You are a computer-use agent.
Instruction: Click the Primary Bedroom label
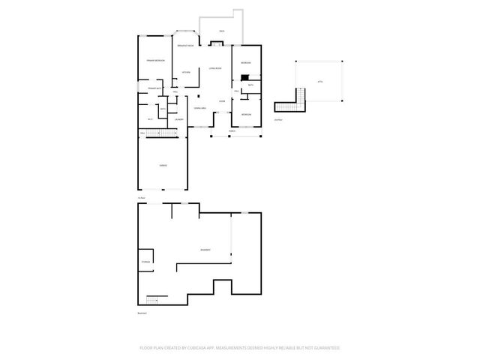click(x=155, y=59)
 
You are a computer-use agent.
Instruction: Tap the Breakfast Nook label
click(x=186, y=46)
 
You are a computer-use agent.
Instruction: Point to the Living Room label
click(x=214, y=68)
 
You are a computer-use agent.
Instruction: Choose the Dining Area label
click(x=200, y=109)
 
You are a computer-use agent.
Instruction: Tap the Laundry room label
click(x=179, y=120)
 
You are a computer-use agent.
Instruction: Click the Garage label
click(x=163, y=165)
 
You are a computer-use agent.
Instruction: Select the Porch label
click(x=233, y=130)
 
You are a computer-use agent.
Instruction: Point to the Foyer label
click(x=222, y=101)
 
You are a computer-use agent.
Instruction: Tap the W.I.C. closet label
click(x=150, y=118)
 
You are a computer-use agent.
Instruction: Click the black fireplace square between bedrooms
click(x=244, y=75)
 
